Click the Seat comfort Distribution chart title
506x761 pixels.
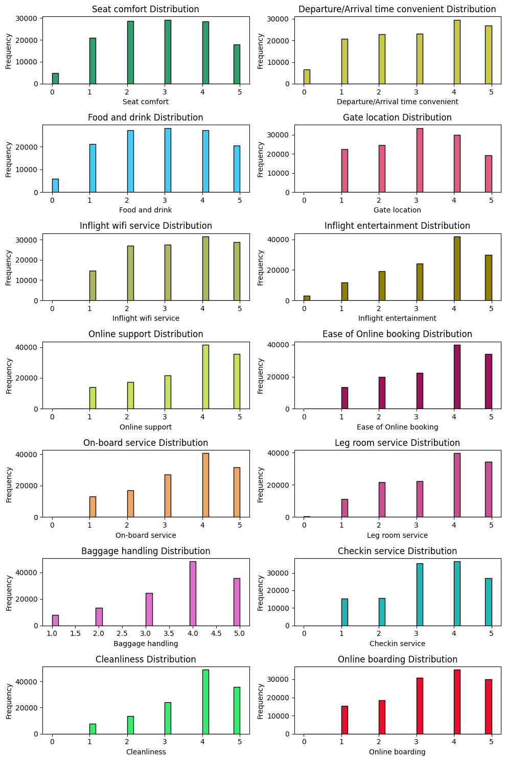point(146,9)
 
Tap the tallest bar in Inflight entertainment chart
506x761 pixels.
point(457,269)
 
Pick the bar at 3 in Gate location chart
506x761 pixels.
point(420,160)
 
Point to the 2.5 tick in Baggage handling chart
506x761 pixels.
point(122,633)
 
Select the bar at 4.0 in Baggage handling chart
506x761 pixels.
point(193,593)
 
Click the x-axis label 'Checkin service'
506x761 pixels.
point(397,644)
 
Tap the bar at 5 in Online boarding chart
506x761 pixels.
point(488,707)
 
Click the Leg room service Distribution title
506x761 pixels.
point(397,443)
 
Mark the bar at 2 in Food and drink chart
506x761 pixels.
point(130,161)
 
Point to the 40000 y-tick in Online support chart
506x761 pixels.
point(27,347)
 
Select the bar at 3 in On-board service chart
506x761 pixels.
point(168,496)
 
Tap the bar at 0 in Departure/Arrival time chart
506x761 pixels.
point(307,77)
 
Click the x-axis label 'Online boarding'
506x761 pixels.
point(397,752)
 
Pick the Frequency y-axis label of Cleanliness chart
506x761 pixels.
point(9,701)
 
